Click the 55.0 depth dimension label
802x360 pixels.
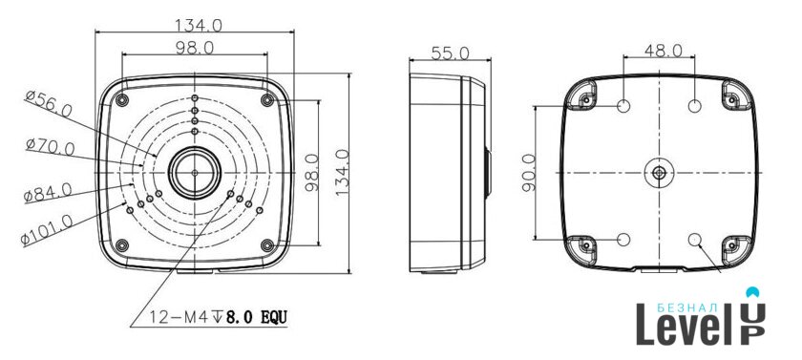tap(450, 53)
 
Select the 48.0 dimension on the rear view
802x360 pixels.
tap(663, 50)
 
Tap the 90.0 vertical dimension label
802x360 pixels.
tap(529, 173)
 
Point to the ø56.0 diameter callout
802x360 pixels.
tap(49, 103)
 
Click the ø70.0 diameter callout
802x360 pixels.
tap(50, 147)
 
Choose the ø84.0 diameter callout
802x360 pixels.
tap(48, 192)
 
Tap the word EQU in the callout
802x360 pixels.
tap(274, 318)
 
